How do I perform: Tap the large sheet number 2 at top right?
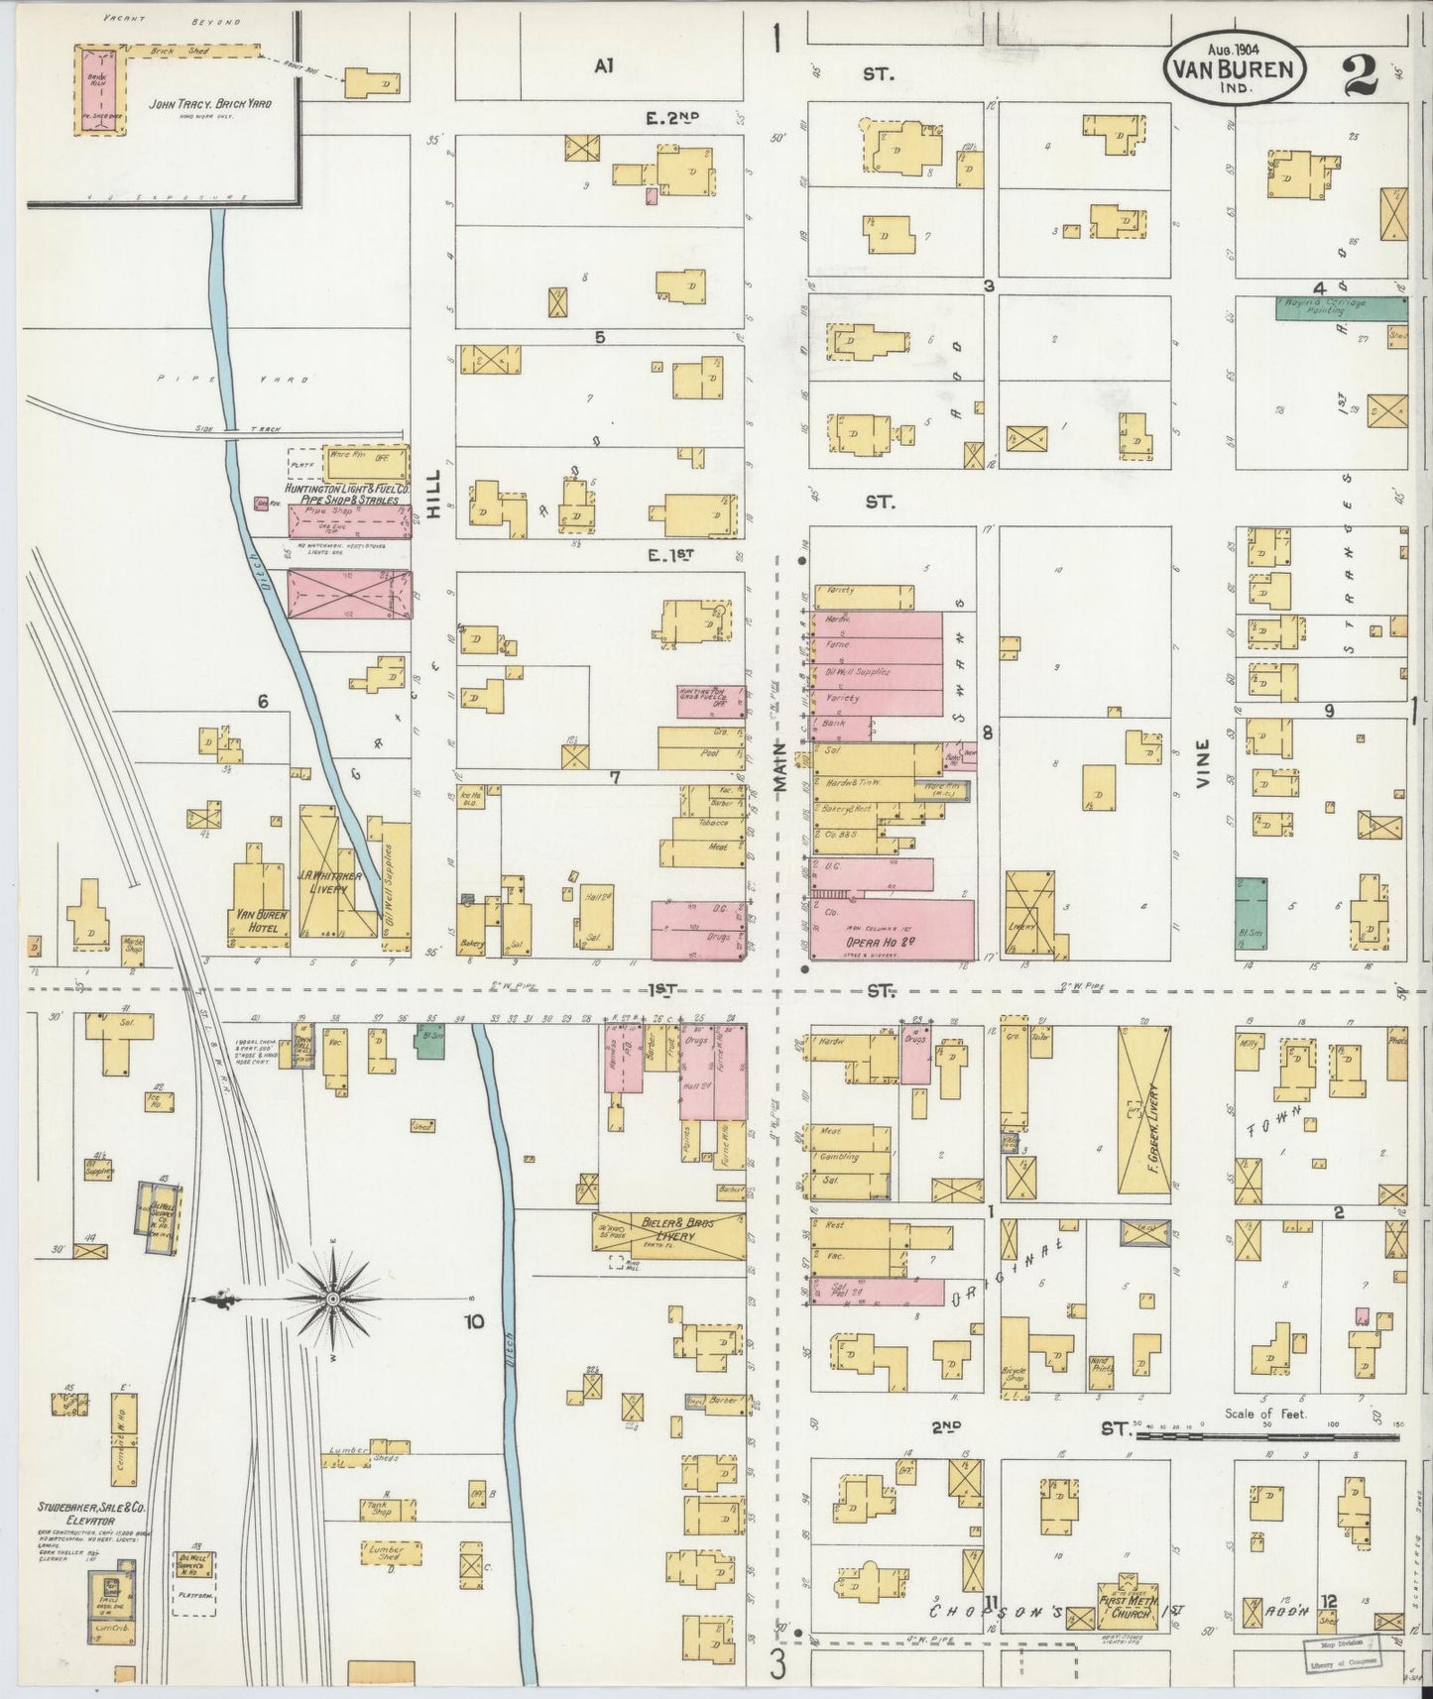pyautogui.click(x=1363, y=75)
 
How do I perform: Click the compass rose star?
pyautogui.click(x=334, y=1298)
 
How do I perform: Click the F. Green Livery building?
pyautogui.click(x=1143, y=1111)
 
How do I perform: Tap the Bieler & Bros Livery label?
pyautogui.click(x=669, y=1233)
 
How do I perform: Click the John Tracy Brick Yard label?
pyautogui.click(x=209, y=103)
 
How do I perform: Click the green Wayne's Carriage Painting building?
pyautogui.click(x=1340, y=307)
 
